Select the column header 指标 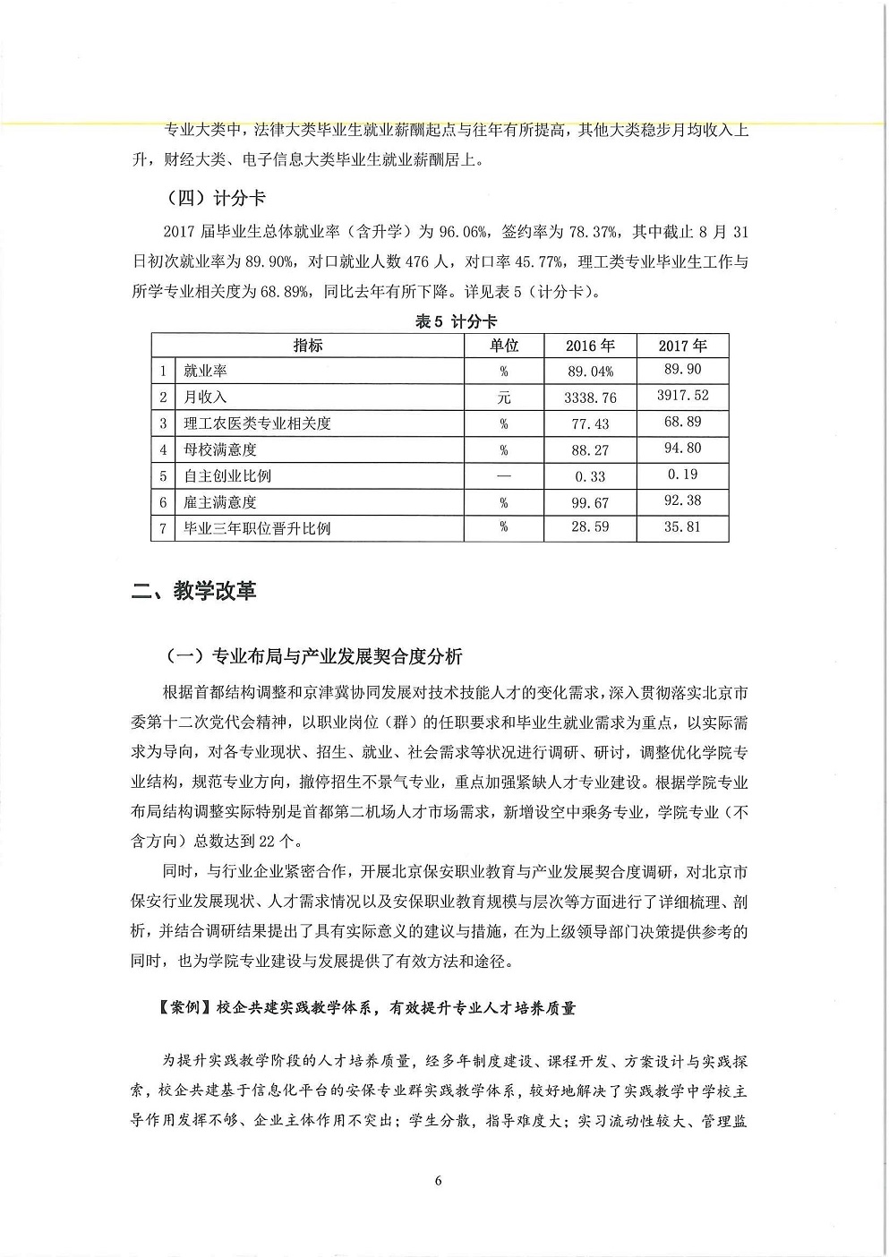click(x=308, y=346)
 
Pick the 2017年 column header click(x=682, y=346)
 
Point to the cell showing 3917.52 click(x=682, y=396)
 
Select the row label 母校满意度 click(x=220, y=450)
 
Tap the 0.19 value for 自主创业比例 click(x=682, y=475)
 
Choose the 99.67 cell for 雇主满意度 click(x=590, y=503)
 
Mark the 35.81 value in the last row click(x=682, y=527)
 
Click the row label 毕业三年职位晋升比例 click(x=257, y=529)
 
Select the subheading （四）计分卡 click(x=216, y=198)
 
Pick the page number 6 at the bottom click(x=438, y=1180)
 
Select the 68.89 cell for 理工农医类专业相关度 click(x=682, y=422)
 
